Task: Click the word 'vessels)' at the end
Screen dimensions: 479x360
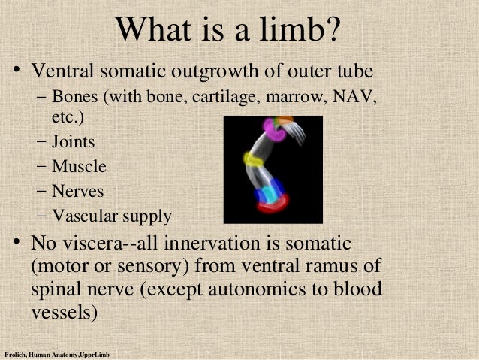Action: pos(65,313)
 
